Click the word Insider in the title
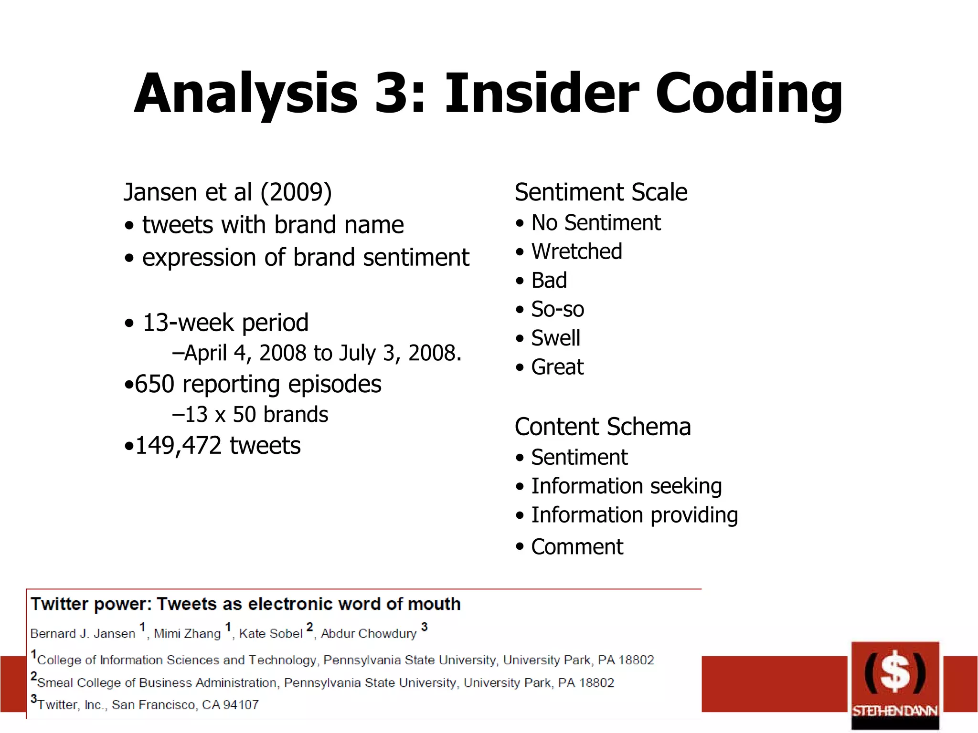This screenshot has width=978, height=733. click(542, 94)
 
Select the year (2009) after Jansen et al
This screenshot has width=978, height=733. click(296, 192)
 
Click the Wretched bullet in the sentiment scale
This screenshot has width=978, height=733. click(576, 251)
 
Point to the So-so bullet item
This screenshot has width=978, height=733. click(557, 309)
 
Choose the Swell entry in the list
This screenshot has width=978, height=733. click(555, 338)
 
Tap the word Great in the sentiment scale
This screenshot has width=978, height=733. click(557, 367)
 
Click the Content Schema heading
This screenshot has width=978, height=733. click(603, 427)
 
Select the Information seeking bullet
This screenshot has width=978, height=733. click(626, 486)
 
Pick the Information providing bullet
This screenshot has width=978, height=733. click(634, 515)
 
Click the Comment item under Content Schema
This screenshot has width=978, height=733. click(577, 547)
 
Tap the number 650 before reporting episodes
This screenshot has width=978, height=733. click(155, 384)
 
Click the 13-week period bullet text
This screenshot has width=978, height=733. click(225, 323)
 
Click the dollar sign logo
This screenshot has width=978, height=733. click(895, 672)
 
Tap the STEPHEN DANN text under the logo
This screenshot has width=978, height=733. click(895, 711)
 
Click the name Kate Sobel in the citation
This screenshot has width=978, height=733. click(271, 634)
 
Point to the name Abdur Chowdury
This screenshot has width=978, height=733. click(369, 634)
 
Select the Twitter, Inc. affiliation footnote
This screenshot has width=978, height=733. click(148, 705)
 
